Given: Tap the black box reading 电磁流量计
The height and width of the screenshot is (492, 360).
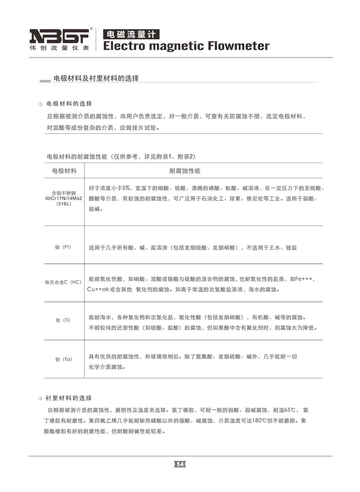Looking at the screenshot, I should (x=131, y=34).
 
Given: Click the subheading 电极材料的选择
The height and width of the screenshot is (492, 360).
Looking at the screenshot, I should (x=69, y=103).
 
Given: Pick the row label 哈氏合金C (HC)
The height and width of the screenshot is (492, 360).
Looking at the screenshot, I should (x=63, y=283).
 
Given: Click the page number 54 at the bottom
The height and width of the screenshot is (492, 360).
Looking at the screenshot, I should (x=180, y=464).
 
